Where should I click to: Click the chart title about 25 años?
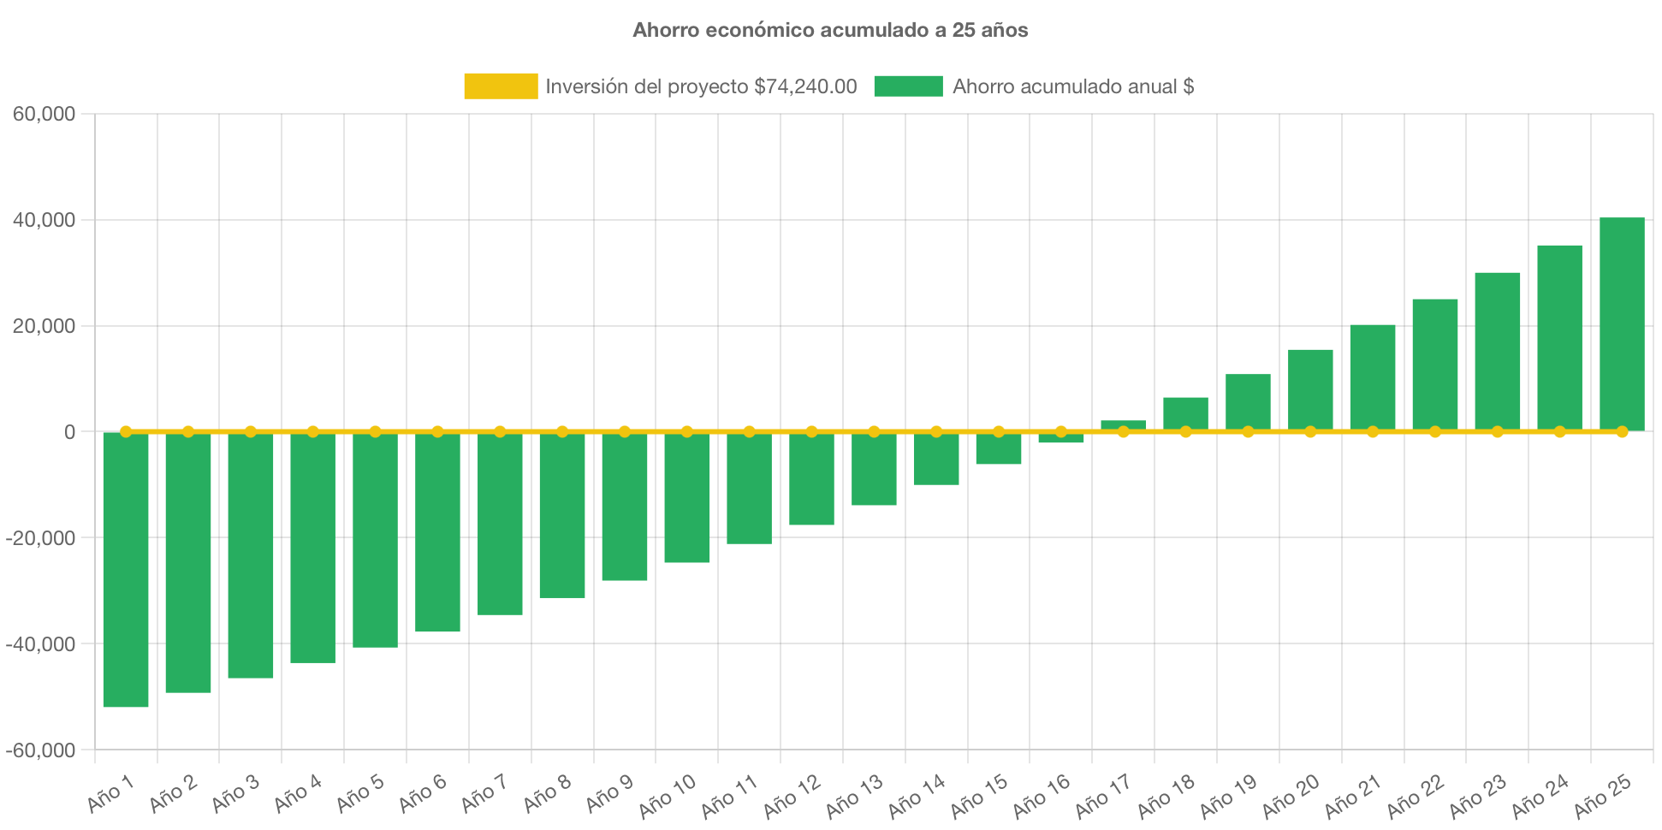pyautogui.click(x=830, y=30)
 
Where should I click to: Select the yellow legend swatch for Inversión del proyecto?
pyautogui.click(x=501, y=86)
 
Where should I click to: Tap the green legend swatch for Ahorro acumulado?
pyautogui.click(x=908, y=86)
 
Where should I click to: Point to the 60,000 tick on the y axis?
pyautogui.click(x=45, y=114)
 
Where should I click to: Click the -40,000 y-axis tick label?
pyautogui.click(x=41, y=644)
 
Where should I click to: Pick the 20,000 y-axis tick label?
pyautogui.click(x=45, y=326)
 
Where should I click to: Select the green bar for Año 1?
pyautogui.click(x=126, y=570)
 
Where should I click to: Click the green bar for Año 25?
pyautogui.click(x=1622, y=324)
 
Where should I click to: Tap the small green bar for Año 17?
pyautogui.click(x=1123, y=424)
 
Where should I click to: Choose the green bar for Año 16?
pyautogui.click(x=1061, y=438)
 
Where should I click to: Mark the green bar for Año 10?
pyautogui.click(x=687, y=498)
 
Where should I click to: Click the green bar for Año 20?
pyautogui.click(x=1310, y=390)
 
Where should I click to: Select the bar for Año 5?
pyautogui.click(x=375, y=540)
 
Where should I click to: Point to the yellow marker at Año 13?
pyautogui.click(x=874, y=431)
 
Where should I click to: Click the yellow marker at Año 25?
pyautogui.click(x=1622, y=431)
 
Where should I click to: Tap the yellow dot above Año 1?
pyautogui.click(x=126, y=431)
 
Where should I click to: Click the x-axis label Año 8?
pyautogui.click(x=548, y=793)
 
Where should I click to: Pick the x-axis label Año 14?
pyautogui.click(x=917, y=796)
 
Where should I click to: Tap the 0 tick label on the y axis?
pyautogui.click(x=70, y=432)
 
